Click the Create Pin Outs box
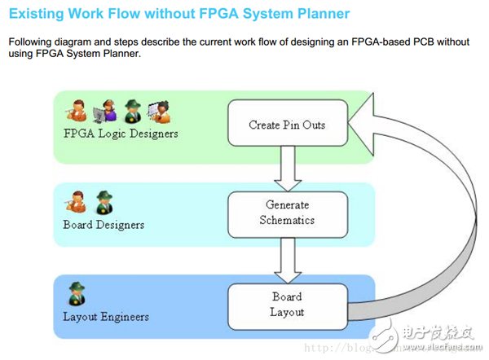[286, 125]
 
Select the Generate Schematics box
[286, 213]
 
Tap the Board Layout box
[287, 305]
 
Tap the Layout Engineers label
[106, 316]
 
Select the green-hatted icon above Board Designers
[103, 201]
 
